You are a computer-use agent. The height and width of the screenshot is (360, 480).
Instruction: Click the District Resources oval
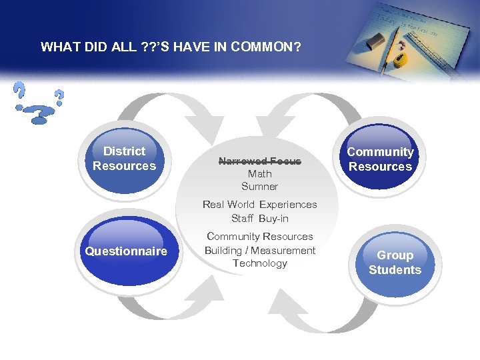click(x=124, y=159)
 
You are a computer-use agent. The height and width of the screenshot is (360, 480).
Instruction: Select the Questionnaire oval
click(x=126, y=251)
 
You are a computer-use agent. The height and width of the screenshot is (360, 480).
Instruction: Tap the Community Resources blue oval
click(x=380, y=159)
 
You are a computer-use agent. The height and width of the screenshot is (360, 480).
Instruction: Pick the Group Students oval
click(x=395, y=263)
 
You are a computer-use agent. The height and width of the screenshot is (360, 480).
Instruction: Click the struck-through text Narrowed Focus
click(x=259, y=161)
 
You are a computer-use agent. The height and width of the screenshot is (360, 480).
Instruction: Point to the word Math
click(x=259, y=173)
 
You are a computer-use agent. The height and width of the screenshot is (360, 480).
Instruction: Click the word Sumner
click(x=259, y=187)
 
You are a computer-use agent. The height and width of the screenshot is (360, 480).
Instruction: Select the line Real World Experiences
click(x=259, y=205)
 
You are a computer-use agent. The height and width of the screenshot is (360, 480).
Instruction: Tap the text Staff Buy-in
click(x=259, y=218)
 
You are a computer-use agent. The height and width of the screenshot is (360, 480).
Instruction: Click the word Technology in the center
click(x=259, y=263)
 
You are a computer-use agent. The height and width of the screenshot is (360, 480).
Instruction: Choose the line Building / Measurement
click(x=259, y=250)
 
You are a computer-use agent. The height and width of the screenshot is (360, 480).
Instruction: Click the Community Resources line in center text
click(x=259, y=237)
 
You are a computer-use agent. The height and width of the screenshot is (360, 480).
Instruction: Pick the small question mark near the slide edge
click(x=59, y=98)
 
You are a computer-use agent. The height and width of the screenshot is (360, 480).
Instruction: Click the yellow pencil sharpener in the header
click(x=399, y=61)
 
